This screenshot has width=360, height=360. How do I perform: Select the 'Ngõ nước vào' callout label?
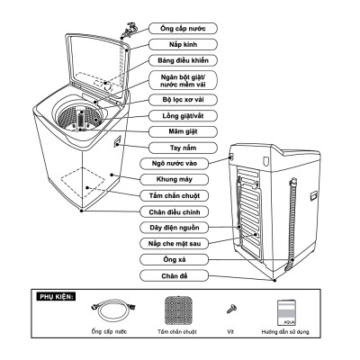tap(168, 164)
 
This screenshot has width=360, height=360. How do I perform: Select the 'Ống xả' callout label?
tap(168, 259)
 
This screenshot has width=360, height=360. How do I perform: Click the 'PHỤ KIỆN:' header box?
tap(53, 294)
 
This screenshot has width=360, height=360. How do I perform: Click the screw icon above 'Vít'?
tap(230, 310)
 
